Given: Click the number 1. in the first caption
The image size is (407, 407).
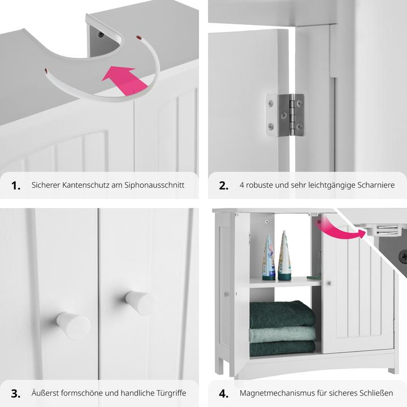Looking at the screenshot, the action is (16, 186).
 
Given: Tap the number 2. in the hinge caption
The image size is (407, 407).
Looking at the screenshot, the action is (223, 186).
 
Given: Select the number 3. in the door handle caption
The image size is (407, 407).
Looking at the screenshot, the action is (16, 393).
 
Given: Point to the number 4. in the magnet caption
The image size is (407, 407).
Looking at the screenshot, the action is (223, 393).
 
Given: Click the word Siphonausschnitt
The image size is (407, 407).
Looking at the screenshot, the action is (154, 185).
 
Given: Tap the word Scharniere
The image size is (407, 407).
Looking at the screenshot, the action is (376, 185).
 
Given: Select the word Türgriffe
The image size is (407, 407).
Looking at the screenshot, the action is (171, 393).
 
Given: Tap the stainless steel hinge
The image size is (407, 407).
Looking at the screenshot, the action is (285, 115).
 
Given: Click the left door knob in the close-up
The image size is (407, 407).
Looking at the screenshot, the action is (73, 325).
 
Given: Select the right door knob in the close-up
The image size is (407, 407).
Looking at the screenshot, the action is (141, 302).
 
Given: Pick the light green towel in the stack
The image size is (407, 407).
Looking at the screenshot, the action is (283, 334).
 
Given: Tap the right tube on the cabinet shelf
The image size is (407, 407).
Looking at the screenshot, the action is (283, 256).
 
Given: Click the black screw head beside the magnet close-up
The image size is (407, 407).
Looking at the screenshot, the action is (403, 256).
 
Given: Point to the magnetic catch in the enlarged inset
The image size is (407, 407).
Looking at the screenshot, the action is (383, 231).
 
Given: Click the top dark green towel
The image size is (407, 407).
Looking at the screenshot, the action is (283, 314).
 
